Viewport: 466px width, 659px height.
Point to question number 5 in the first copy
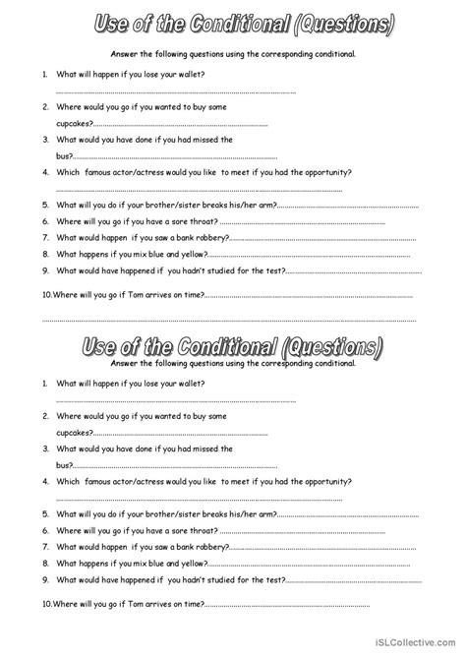45,206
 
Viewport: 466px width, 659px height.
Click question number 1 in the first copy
45,75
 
